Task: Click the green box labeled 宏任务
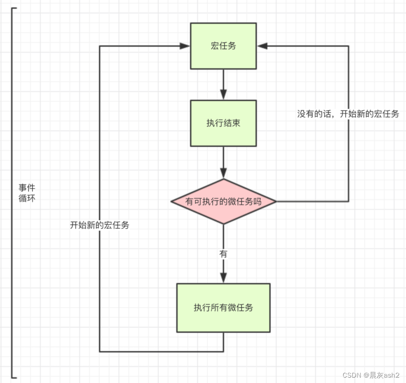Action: [223, 46]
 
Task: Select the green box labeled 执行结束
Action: [223, 123]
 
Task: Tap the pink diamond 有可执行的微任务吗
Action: [223, 202]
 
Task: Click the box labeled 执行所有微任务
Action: [223, 308]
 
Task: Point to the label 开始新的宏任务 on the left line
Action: [99, 225]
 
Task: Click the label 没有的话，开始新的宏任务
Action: [348, 114]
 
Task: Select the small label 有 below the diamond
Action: [223, 254]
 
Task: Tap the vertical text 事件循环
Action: [27, 193]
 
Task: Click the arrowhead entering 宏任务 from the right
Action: [262, 46]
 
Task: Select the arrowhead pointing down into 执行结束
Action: [223, 95]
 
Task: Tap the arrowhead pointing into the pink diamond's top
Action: [223, 173]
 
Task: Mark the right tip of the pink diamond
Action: [276, 202]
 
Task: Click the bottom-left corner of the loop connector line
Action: [99, 351]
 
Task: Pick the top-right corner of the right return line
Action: [348, 46]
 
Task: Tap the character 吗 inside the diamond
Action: [257, 202]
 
